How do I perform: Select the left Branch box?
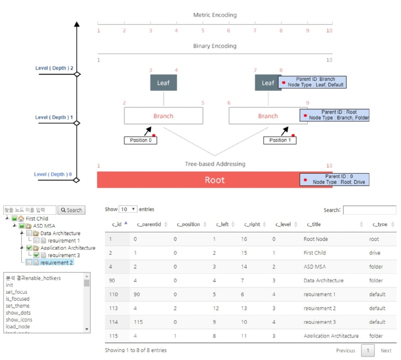[163, 116]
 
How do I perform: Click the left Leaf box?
[163, 83]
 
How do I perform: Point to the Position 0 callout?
[140, 140]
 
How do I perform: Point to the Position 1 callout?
[280, 140]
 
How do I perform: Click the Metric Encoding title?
[215, 15]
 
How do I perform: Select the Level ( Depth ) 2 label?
[54, 68]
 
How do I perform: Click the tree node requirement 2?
[57, 262]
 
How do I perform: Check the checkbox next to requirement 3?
[37, 255]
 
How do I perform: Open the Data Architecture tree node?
[60, 233]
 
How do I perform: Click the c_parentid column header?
[149, 224]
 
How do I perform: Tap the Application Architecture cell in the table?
[331, 335]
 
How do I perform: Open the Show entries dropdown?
[128, 209]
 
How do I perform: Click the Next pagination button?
[385, 350]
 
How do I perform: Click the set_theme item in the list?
[18, 306]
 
